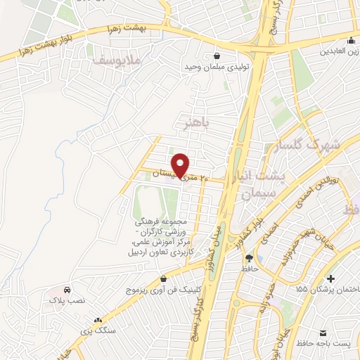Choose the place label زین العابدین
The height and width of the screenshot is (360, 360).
[341, 51]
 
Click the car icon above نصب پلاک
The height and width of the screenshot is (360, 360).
[67, 290]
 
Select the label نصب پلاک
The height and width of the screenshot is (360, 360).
[67, 300]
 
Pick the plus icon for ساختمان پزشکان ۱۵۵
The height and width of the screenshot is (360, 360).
[330, 280]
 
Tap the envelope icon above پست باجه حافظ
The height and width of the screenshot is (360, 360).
[323, 332]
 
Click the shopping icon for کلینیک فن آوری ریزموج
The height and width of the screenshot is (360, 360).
[164, 279]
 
